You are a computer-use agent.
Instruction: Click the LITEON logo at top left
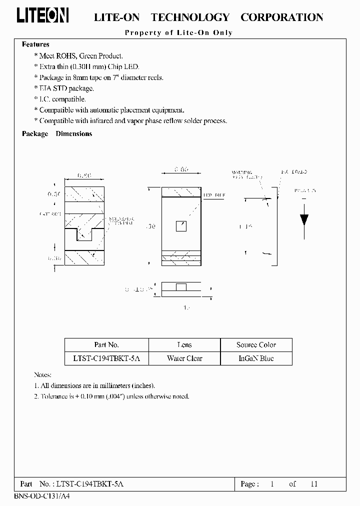tap(42, 16)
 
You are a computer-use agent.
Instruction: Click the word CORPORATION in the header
tap(281, 17)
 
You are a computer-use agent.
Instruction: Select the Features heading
tap(35, 44)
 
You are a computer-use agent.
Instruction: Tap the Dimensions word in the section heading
tap(74, 134)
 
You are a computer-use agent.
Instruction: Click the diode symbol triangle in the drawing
tap(303, 219)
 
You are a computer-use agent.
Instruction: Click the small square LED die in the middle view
tap(181, 226)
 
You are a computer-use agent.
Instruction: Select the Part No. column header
tap(106, 345)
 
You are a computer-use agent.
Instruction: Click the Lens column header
tap(184, 345)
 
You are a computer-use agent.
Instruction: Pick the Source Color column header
tap(256, 345)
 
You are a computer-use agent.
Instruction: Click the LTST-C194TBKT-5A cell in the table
tap(106, 358)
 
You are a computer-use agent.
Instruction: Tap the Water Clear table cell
tap(184, 358)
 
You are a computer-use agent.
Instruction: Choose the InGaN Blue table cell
tap(256, 358)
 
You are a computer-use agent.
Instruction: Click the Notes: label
tap(42, 374)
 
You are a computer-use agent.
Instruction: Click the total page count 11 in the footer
tap(313, 484)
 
